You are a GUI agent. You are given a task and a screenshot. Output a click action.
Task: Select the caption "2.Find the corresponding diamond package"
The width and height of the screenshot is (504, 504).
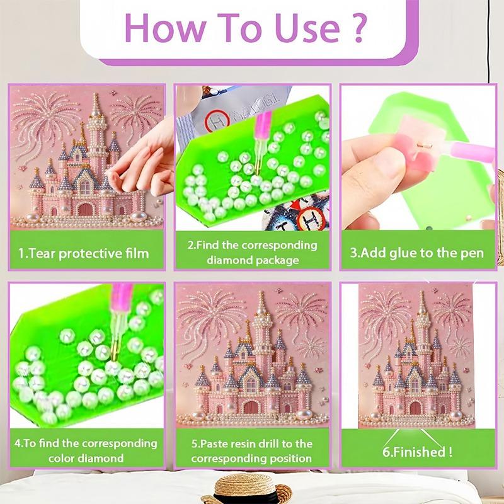[252, 252]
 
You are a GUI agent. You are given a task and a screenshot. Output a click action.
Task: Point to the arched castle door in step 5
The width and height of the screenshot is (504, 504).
[252, 404]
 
